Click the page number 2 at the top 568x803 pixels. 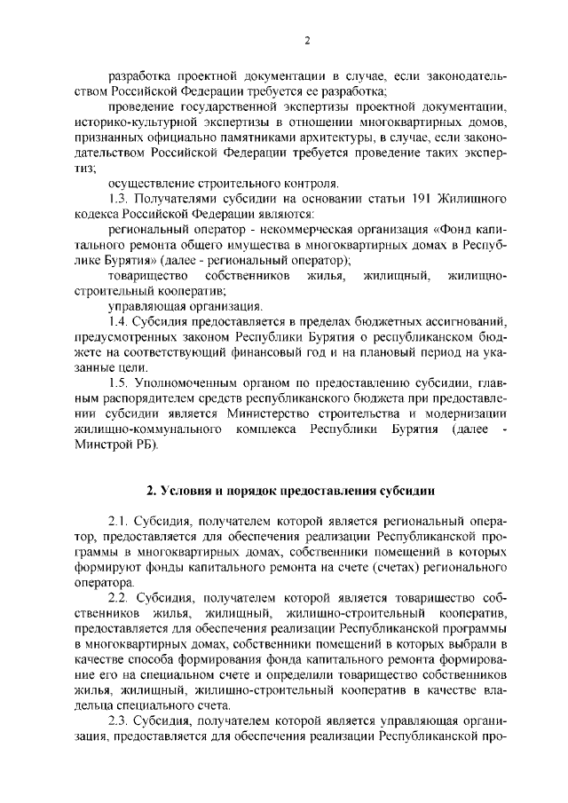coord(306,40)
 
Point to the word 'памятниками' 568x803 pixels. coord(253,138)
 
